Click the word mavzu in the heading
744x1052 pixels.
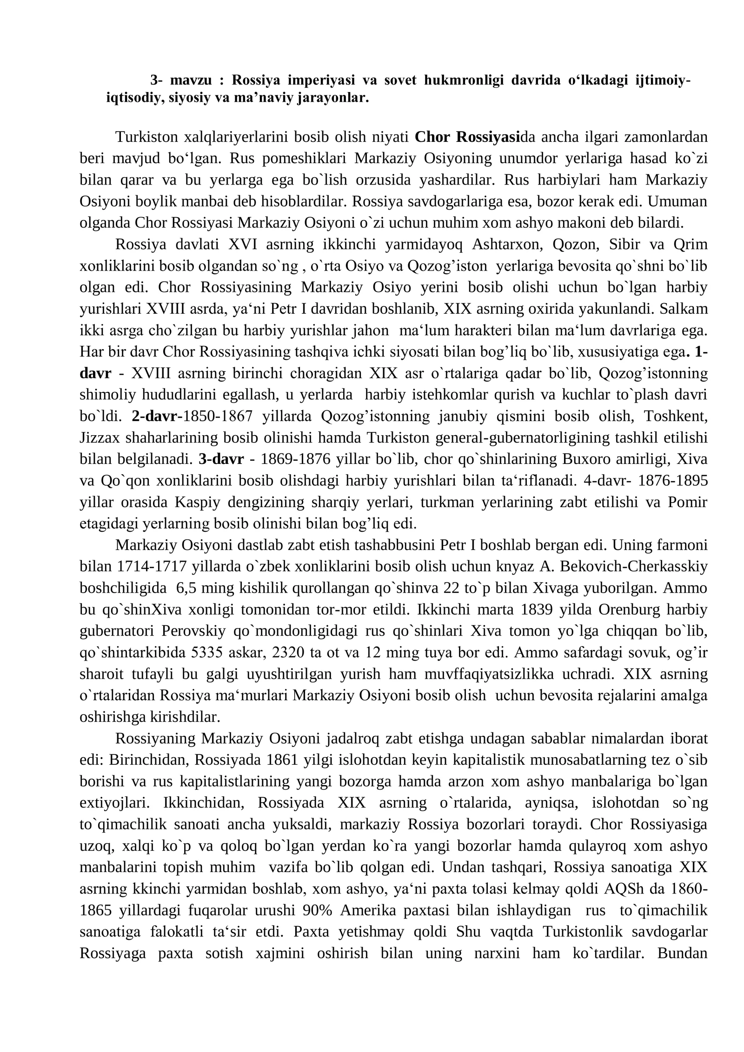point(191,80)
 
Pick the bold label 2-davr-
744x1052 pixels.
point(158,416)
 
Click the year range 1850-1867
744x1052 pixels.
point(218,416)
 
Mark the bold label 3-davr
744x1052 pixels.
point(221,459)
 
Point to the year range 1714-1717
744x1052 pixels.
point(152,567)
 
